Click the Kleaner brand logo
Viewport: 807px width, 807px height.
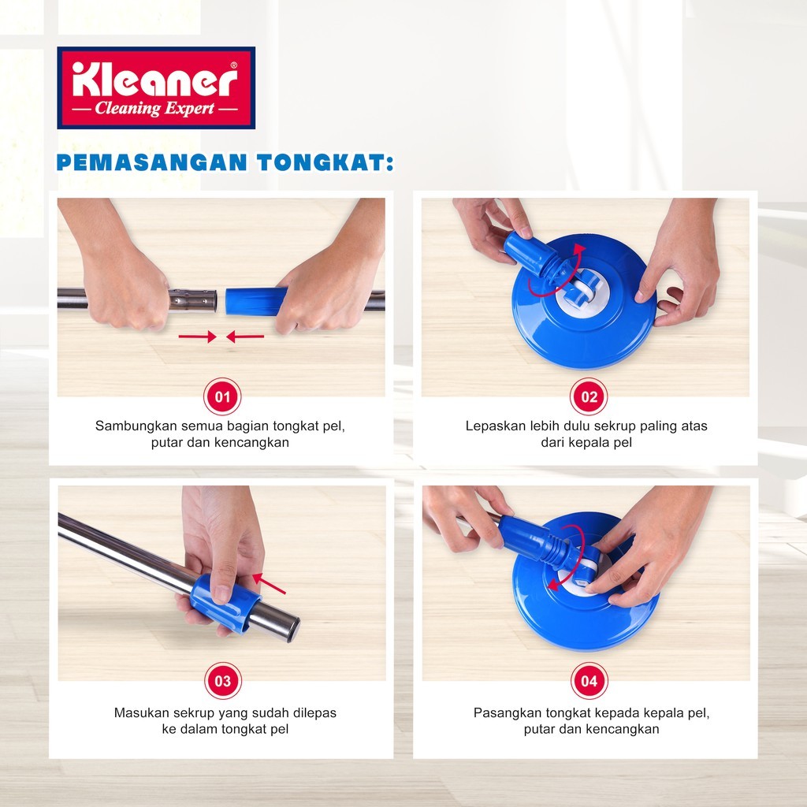[156, 87]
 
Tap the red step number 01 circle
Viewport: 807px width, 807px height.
[222, 397]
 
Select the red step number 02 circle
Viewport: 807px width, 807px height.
[589, 397]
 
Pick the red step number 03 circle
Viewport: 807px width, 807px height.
[223, 681]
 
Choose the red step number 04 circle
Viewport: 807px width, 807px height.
[589, 681]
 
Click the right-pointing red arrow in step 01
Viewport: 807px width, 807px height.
[198, 337]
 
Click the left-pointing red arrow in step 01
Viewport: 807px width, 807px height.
[245, 337]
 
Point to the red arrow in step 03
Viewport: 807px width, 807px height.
[270, 584]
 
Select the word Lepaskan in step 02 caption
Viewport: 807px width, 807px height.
[490, 426]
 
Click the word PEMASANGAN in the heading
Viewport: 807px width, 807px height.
[152, 162]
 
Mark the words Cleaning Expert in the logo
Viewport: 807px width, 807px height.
[154, 109]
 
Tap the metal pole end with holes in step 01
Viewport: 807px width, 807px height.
[194, 300]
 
